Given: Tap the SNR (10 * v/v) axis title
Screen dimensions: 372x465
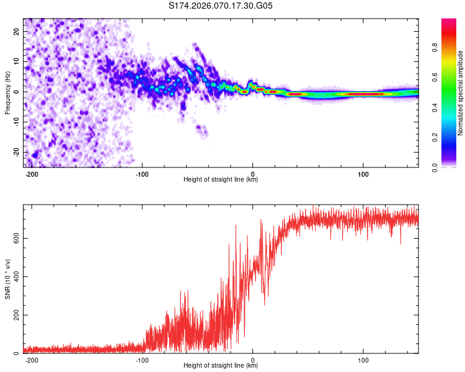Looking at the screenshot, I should pyautogui.click(x=7, y=280).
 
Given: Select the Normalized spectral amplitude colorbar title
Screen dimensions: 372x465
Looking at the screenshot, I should pyautogui.click(x=461, y=93).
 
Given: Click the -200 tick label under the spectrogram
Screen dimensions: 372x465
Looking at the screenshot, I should pyautogui.click(x=32, y=174).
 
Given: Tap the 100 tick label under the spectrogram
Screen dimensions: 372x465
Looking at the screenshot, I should pyautogui.click(x=363, y=174).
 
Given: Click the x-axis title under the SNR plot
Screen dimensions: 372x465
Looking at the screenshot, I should pyautogui.click(x=221, y=366).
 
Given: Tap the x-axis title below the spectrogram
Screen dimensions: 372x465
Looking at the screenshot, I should pyautogui.click(x=221, y=180).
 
